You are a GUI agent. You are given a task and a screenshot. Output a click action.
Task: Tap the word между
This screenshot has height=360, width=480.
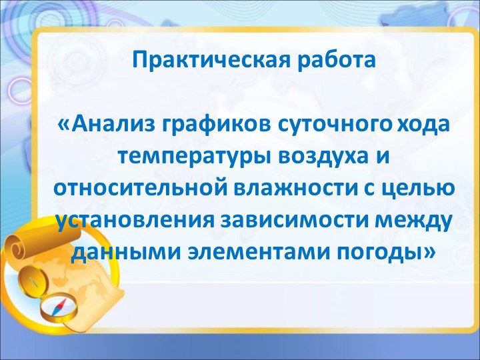[409, 221]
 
